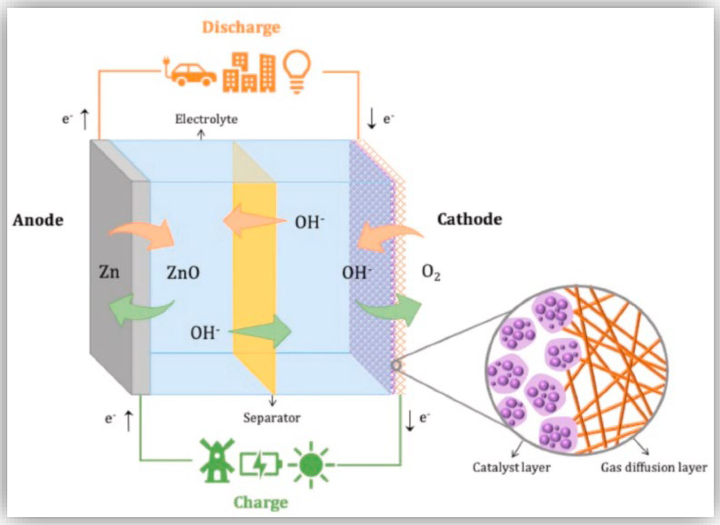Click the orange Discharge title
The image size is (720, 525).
coord(241,28)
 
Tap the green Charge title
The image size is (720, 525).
coord(261,502)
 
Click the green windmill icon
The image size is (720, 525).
coord(217,460)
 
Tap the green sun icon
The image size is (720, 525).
coord(311,465)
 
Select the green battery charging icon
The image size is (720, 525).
coord(260,465)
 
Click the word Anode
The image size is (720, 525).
coord(38,220)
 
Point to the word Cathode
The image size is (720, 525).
coord(469,219)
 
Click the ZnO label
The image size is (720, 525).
coord(183,273)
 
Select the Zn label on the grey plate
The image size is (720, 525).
coord(109,272)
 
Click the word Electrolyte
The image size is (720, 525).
coord(206,119)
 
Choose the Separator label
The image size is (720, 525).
coord(271,418)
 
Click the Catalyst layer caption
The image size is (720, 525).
coord(511,467)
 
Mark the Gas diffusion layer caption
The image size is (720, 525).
coord(654,467)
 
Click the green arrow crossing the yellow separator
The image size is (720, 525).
coord(265,331)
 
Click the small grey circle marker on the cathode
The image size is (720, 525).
coord(396,365)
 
